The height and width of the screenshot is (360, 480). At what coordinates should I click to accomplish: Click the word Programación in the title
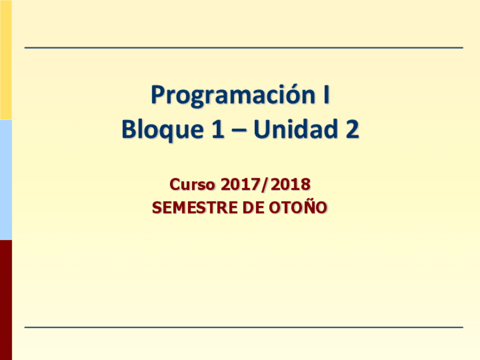[x=233, y=95]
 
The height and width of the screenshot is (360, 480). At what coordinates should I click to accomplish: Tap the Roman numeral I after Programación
[x=327, y=95]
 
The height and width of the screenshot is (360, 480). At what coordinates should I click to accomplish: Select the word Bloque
[x=162, y=129]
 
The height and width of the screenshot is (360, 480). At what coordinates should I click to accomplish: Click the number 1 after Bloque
[x=218, y=129]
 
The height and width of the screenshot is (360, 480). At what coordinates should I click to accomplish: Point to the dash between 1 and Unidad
[x=239, y=131]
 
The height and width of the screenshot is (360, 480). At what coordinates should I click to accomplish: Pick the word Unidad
[x=295, y=129]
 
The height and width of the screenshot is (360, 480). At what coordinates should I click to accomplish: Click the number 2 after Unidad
[x=352, y=129]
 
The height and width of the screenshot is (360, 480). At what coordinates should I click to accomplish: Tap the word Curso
[x=192, y=185]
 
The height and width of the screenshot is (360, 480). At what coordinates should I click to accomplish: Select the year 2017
[x=239, y=185]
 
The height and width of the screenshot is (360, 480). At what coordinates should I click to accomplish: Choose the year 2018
[x=290, y=185]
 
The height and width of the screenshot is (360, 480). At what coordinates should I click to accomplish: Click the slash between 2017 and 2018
[x=264, y=185]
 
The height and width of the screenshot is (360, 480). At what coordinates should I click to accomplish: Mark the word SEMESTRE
[x=195, y=208]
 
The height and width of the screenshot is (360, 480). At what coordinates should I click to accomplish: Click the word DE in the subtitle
[x=253, y=208]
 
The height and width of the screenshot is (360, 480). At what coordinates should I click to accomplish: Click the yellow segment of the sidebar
[x=6, y=60]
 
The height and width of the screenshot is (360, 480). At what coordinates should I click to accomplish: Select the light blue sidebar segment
[x=6, y=180]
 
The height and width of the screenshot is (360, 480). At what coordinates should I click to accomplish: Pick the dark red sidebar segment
[x=6, y=300]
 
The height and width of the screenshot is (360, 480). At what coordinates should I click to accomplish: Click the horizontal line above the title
[x=243, y=48]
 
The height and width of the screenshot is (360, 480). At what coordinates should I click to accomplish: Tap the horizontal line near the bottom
[x=243, y=327]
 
